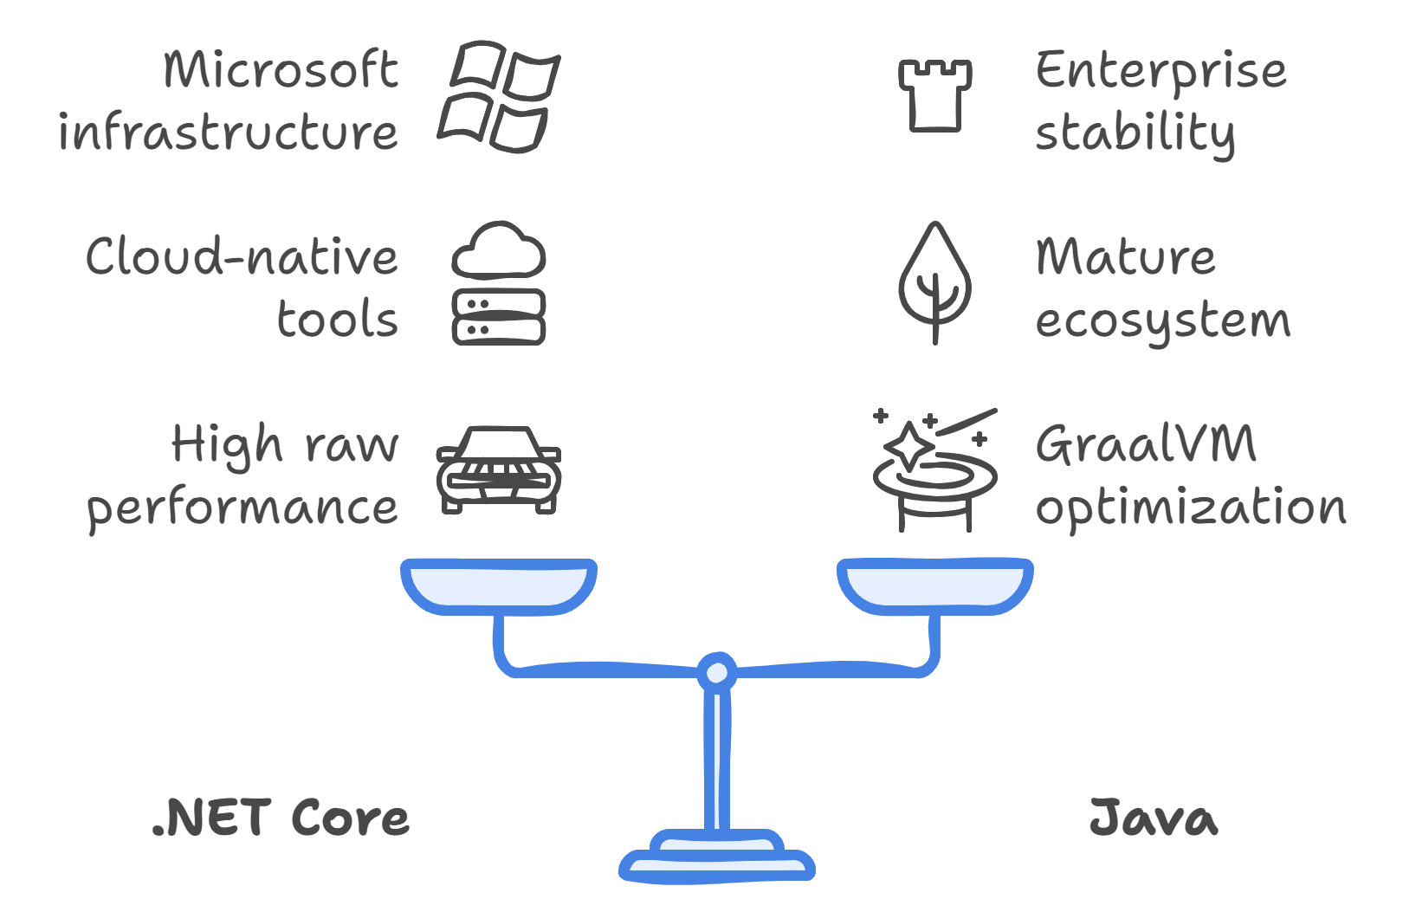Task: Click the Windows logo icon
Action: (499, 96)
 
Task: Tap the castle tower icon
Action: (934, 95)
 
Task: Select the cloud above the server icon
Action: (499, 250)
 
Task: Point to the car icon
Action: (499, 470)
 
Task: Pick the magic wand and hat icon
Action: (934, 472)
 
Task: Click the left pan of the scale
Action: (499, 586)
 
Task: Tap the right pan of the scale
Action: (934, 586)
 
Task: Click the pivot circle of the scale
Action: (717, 672)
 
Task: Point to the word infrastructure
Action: (229, 133)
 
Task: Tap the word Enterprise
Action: (1161, 71)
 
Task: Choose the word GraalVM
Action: (1146, 444)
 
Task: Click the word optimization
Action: (1191, 508)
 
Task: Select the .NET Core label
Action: (281, 818)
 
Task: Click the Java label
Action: (1153, 818)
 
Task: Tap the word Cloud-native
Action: (242, 257)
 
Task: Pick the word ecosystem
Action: (1162, 321)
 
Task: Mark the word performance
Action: (242, 508)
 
